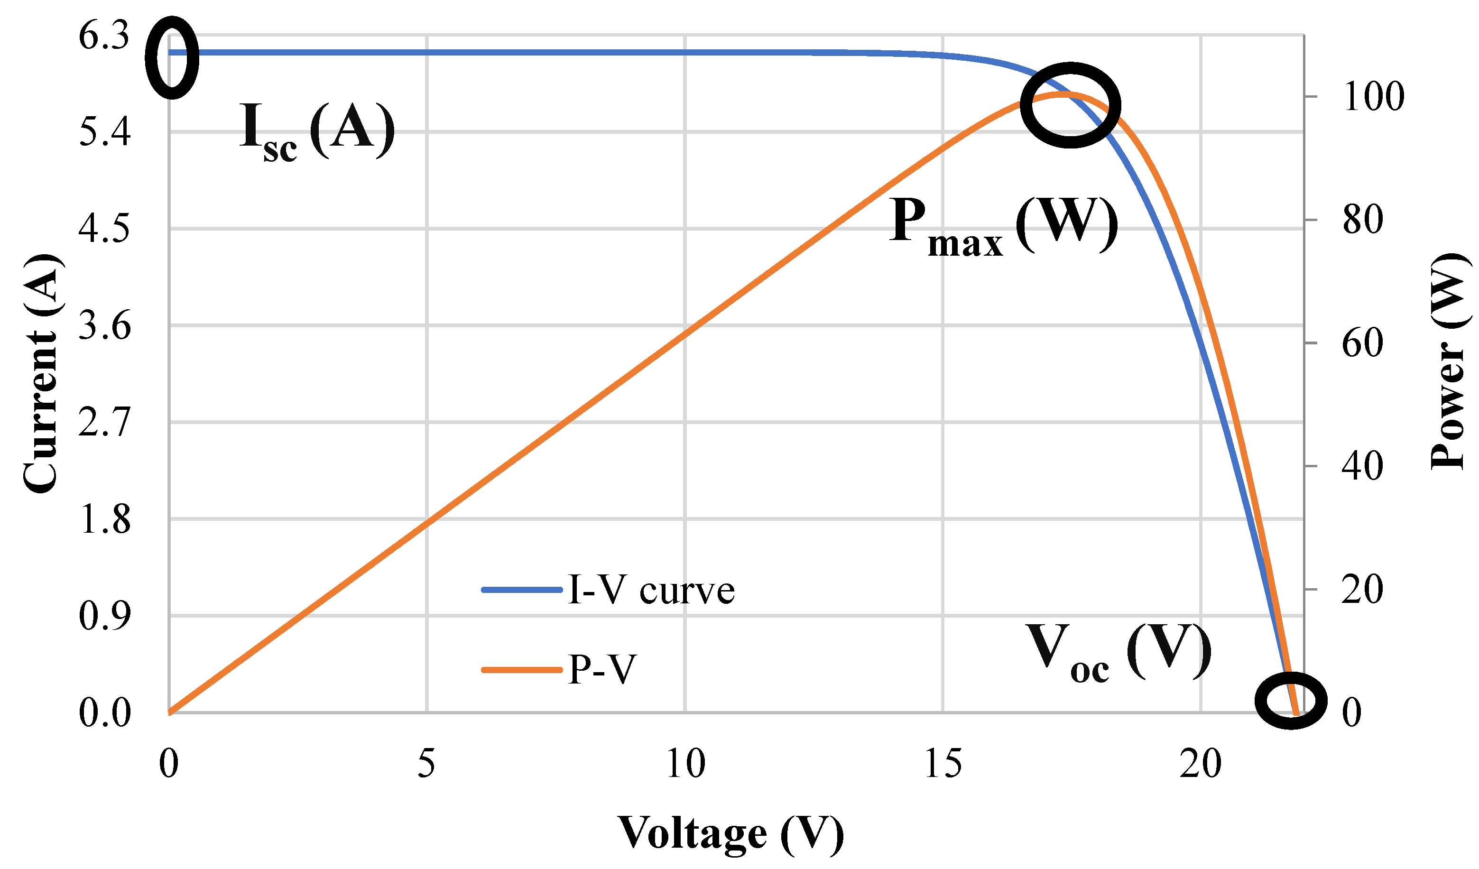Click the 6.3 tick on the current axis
pyautogui.click(x=104, y=37)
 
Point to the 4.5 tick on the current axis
pyautogui.click(x=104, y=229)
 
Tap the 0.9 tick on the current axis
pyautogui.click(x=104, y=616)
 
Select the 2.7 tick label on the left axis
pyautogui.click(x=104, y=423)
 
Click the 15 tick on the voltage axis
pyautogui.click(x=943, y=764)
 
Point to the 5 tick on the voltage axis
pyautogui.click(x=427, y=764)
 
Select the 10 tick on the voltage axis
pyautogui.click(x=685, y=764)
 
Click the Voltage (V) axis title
pyautogui.click(x=730, y=833)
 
